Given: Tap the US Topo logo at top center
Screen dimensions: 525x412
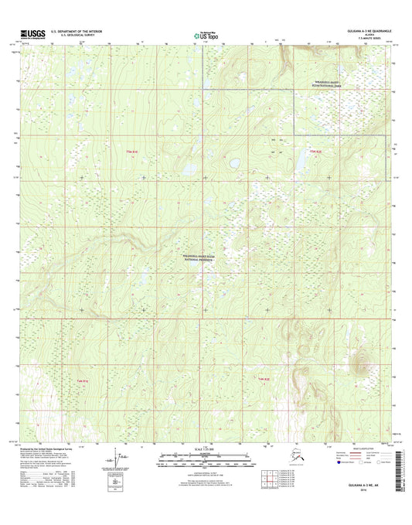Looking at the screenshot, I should click(203, 34).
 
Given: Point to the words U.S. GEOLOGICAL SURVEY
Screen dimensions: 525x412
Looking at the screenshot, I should click(75, 36).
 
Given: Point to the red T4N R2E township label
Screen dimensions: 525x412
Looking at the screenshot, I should click(263, 379).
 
